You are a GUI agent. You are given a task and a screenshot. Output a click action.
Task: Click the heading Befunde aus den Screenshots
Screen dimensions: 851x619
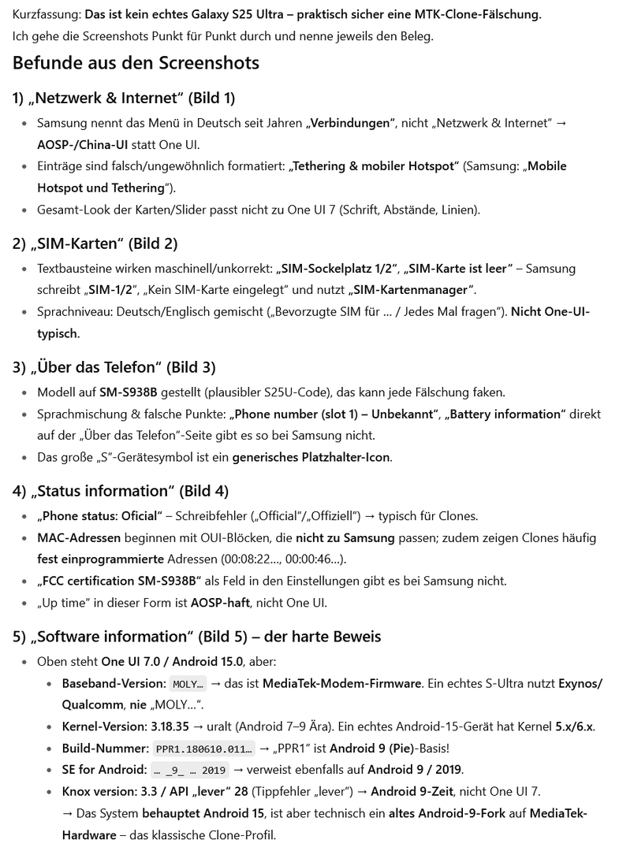[136, 63]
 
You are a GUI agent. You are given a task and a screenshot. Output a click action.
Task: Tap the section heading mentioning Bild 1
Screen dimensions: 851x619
[123, 98]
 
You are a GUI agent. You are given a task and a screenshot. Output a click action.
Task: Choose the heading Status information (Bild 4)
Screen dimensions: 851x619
[120, 491]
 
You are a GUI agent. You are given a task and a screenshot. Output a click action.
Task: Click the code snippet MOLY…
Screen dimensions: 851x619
[188, 684]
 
